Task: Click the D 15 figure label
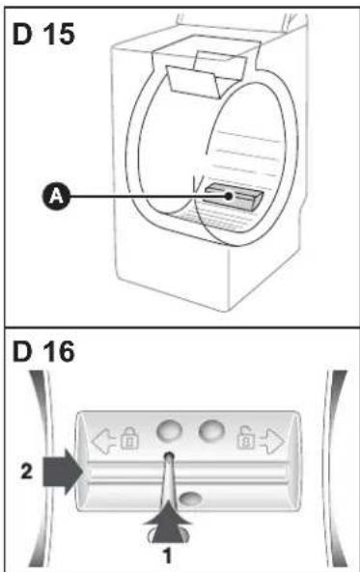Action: (43, 34)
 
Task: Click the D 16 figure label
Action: (43, 352)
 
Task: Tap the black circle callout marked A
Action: (55, 196)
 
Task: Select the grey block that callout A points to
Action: (234, 197)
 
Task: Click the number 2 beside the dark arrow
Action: (27, 472)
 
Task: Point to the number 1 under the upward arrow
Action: (167, 556)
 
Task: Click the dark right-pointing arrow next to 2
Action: (63, 472)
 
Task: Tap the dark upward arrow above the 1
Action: (167, 522)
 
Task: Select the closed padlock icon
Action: (129, 438)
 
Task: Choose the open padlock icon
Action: (245, 438)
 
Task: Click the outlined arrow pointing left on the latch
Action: (105, 442)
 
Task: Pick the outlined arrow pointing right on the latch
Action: (271, 442)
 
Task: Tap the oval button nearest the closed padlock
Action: (170, 431)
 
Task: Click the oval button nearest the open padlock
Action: (211, 430)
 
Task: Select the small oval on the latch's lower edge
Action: (190, 499)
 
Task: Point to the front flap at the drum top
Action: (193, 82)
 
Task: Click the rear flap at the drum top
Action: (221, 65)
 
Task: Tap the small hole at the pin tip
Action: (169, 455)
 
